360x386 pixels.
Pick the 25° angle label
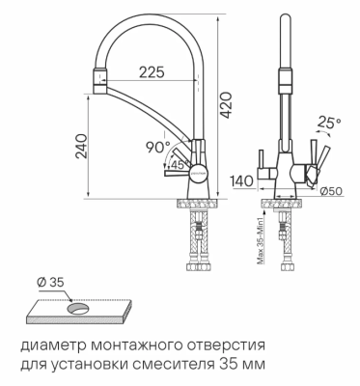(x=330, y=123)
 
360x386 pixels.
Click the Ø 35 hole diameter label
(x=50, y=283)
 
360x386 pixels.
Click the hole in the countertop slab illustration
(x=80, y=308)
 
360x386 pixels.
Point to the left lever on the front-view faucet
(x=262, y=157)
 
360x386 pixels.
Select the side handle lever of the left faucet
(x=176, y=177)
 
